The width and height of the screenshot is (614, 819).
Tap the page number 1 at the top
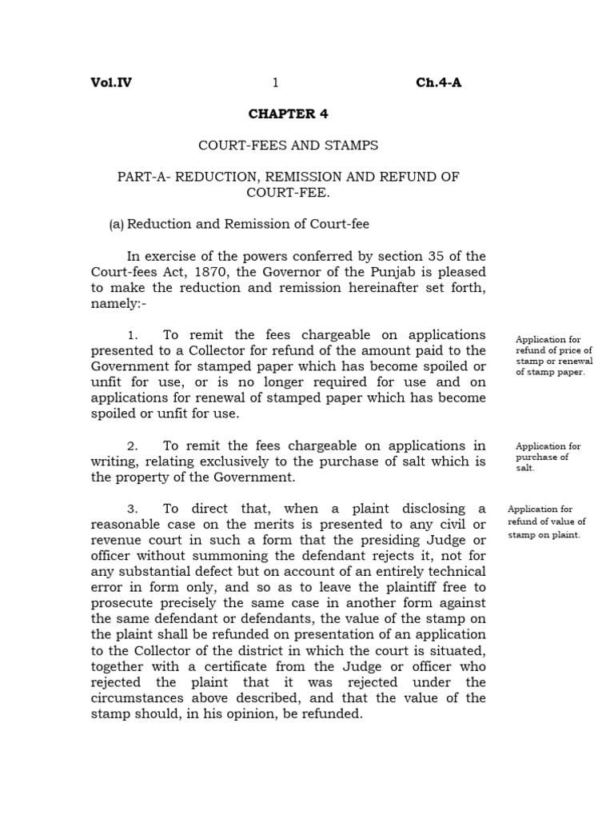(x=275, y=82)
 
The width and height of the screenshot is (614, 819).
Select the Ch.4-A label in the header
(x=439, y=82)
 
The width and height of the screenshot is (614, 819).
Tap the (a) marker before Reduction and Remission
(x=117, y=225)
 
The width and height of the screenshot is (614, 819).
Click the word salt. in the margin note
(x=524, y=468)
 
